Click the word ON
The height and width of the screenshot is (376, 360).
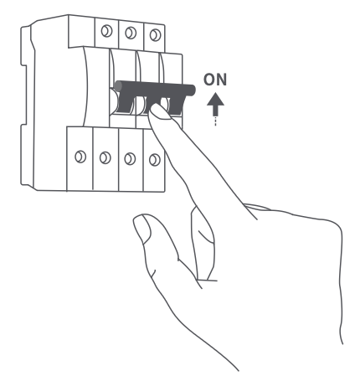[215, 80]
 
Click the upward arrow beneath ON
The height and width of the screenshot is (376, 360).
[215, 105]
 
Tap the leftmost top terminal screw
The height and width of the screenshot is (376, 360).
[106, 31]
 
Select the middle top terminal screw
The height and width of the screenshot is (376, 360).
[131, 33]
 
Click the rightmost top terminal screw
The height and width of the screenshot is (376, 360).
[155, 35]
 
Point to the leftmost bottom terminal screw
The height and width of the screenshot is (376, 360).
[80, 157]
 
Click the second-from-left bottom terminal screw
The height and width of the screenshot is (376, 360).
[105, 157]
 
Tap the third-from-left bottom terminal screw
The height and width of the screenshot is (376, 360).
[130, 159]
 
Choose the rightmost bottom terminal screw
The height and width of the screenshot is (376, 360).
[155, 160]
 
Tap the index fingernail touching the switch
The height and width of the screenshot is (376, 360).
[160, 111]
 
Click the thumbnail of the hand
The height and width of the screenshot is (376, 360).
[142, 229]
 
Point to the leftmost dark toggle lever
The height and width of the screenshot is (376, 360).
[126, 104]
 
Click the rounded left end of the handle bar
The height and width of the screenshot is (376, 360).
[118, 86]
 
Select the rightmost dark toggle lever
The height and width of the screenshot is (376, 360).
[175, 106]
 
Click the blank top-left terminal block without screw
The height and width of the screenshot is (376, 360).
[81, 31]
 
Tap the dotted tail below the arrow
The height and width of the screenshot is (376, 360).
[215, 121]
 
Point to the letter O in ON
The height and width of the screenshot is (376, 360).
[209, 80]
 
